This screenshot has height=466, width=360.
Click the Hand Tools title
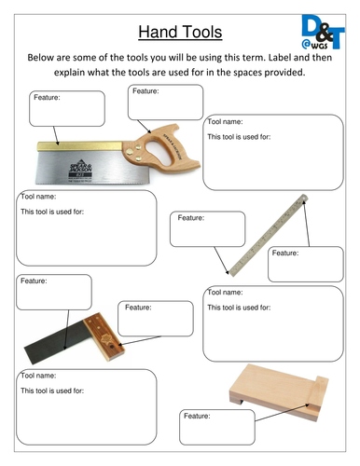[180, 32]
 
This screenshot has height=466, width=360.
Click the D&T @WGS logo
[323, 32]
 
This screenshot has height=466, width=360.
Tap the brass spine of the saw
[79, 146]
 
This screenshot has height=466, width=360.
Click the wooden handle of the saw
[161, 148]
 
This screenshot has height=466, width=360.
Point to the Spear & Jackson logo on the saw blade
[80, 170]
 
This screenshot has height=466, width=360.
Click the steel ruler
[268, 235]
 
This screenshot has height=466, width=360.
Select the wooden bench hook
[279, 392]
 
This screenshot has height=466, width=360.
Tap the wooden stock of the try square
[104, 336]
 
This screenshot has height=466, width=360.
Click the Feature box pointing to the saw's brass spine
[67, 108]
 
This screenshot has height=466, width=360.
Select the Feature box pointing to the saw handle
[165, 103]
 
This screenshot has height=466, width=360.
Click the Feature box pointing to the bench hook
[217, 427]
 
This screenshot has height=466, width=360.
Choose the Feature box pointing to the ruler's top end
[306, 265]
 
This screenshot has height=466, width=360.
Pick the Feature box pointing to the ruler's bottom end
[207, 229]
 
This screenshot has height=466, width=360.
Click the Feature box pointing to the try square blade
[54, 292]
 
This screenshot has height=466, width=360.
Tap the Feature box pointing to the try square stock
[156, 319]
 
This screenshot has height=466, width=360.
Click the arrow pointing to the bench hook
[283, 412]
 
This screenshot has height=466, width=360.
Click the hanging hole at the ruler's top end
[304, 197]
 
